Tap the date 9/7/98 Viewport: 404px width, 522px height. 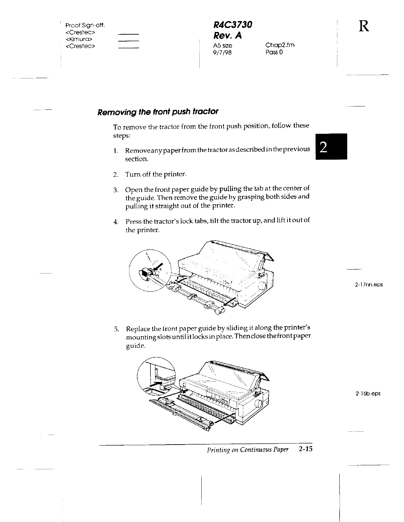coord(222,52)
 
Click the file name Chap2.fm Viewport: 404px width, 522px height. coord(280,45)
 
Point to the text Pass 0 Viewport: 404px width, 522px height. coord(274,52)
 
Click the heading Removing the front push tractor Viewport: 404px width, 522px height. coord(158,111)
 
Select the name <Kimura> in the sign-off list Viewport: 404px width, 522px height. coord(79,40)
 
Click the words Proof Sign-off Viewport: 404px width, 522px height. coord(85,25)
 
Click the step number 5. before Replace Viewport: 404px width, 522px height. coord(116,329)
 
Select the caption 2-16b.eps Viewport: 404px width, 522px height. coord(368,393)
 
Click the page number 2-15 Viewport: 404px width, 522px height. coord(305,449)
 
